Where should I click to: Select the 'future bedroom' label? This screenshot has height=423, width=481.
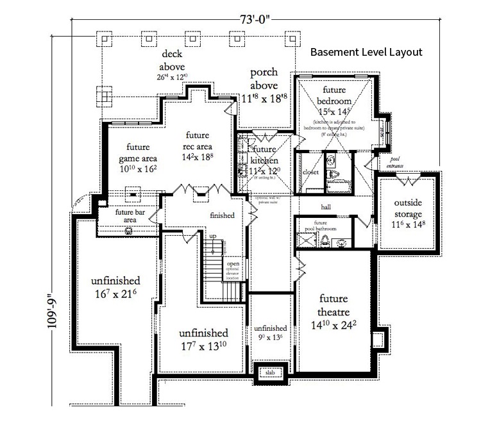pos(337,95)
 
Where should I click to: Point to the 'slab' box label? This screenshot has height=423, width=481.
pos(270,371)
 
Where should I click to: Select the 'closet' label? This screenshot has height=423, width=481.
pos(310,172)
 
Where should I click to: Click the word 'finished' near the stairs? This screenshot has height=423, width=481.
pos(222,215)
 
